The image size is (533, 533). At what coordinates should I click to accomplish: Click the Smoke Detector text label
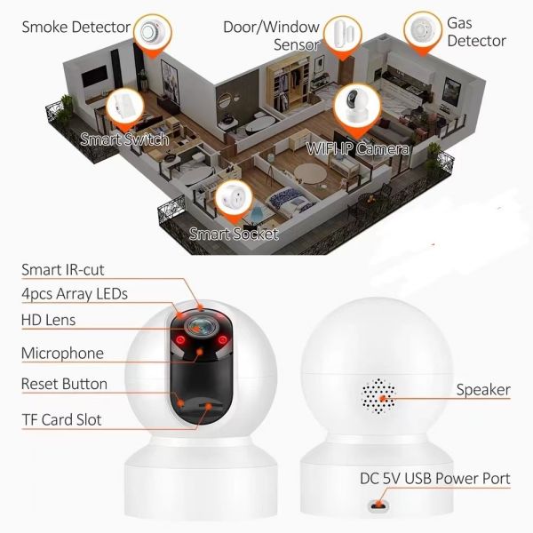point(76,28)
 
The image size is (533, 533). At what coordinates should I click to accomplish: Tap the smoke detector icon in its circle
point(153,32)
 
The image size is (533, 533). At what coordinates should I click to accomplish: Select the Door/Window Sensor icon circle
point(342,34)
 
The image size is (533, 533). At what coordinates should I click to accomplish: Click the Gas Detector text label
point(476,32)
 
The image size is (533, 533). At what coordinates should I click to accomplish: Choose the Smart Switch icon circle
point(125,106)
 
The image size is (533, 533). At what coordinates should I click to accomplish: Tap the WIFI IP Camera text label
point(357,149)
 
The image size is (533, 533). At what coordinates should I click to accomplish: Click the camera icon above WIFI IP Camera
point(357,105)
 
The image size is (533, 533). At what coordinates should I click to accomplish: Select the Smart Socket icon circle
point(234,198)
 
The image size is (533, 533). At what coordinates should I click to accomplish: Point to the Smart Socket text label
point(234,234)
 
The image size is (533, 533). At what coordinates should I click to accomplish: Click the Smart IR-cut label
point(63,270)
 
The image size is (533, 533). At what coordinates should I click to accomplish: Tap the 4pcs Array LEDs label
point(75,294)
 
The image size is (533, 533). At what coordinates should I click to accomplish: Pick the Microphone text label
point(62,354)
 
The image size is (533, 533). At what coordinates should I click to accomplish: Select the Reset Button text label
point(64,384)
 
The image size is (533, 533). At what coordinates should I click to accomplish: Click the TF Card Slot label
point(61,420)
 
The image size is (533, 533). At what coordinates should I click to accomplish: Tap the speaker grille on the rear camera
point(378,396)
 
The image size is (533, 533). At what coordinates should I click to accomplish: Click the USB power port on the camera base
point(378,506)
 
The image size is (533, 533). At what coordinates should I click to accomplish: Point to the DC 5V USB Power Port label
point(435,479)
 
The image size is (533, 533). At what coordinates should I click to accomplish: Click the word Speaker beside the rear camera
point(483,390)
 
